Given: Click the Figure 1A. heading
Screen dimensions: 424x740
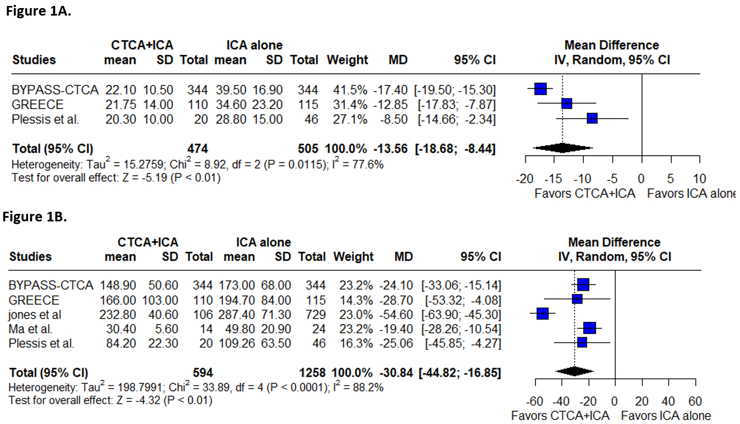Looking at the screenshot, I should pyautogui.click(x=38, y=12).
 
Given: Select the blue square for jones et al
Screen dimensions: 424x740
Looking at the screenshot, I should pyautogui.click(x=542, y=313).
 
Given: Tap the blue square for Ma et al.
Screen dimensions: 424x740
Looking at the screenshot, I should pyautogui.click(x=590, y=328).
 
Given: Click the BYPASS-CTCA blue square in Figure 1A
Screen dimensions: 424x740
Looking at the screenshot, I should pyautogui.click(x=541, y=89).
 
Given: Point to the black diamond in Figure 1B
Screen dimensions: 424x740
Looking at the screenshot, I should pyautogui.click(x=575, y=371).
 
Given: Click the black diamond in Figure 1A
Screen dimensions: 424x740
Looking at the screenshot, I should pyautogui.click(x=562, y=147).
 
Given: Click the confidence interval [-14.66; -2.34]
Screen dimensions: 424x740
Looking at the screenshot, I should pyautogui.click(x=455, y=119).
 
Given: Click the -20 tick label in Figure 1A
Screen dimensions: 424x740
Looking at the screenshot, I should pyautogui.click(x=525, y=178).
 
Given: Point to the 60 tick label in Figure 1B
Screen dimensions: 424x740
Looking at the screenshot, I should pyautogui.click(x=695, y=401).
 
